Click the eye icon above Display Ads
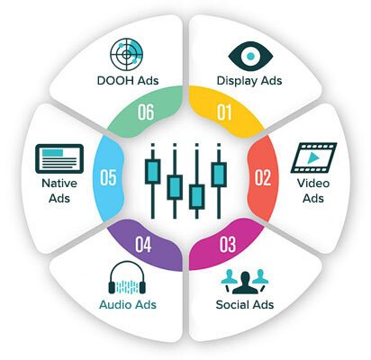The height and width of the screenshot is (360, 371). coord(250,56)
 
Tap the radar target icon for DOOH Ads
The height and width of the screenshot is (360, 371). coord(126,55)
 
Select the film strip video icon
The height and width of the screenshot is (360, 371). coord(313,157)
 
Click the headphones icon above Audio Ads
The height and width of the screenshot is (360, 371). coord(127,277)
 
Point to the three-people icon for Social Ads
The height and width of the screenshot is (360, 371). coord(245,282)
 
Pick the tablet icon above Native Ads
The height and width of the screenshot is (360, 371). coord(59,158)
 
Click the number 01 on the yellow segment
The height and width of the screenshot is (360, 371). coord(224,112)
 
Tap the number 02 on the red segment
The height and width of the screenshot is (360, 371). coord(263,177)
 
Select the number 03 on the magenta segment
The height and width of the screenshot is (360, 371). coord(228,245)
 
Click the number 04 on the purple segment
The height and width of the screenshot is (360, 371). coord(143,245)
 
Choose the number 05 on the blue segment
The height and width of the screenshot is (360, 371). coord(108,177)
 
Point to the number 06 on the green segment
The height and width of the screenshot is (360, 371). coord(146,112)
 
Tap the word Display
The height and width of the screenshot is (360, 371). coord(237,81)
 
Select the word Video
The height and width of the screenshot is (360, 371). coord(313,183)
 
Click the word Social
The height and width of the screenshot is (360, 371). coord(231,304)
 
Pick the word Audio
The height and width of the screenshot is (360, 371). coord(115,304)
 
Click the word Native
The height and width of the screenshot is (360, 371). coord(59,183)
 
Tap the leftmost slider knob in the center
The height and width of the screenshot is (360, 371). coord(153,172)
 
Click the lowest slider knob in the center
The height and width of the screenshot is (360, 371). coord(197,197)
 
